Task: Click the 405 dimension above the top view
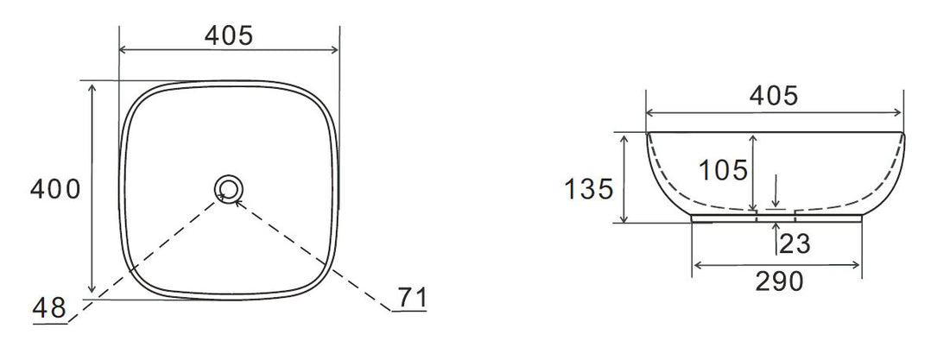click(229, 35)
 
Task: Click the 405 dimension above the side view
click(773, 96)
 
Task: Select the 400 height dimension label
click(56, 189)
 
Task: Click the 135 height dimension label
click(590, 188)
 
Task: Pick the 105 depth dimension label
click(724, 170)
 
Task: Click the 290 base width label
click(778, 281)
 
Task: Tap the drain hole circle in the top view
click(229, 188)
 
